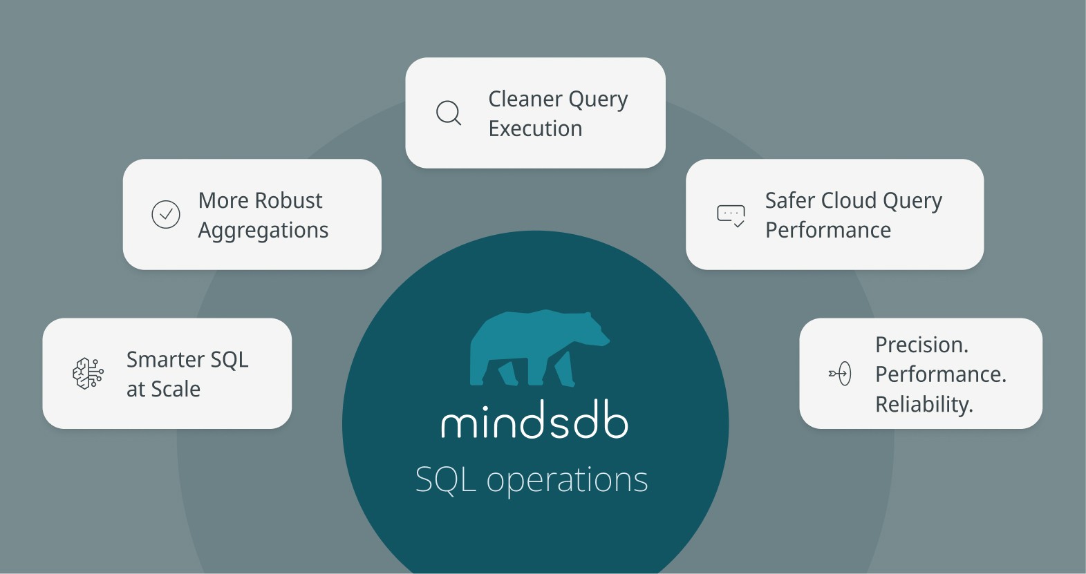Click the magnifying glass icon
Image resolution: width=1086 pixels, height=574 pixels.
click(x=449, y=113)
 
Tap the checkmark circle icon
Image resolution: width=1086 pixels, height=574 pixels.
click(x=166, y=215)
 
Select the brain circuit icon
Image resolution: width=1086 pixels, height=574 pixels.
click(x=88, y=374)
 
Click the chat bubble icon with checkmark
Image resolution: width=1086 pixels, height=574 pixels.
click(x=731, y=216)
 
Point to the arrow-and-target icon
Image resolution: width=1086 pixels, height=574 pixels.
click(x=840, y=374)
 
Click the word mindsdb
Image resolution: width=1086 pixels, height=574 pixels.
click(x=534, y=421)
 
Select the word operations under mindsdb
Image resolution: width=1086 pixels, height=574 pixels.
click(x=567, y=480)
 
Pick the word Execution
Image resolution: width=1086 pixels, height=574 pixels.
click(x=535, y=129)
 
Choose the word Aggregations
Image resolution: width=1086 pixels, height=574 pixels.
click(x=263, y=231)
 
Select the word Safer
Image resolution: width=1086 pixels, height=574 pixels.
click(x=790, y=201)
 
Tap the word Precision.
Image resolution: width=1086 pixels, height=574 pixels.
click(x=921, y=345)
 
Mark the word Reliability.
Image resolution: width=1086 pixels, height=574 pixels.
click(x=924, y=405)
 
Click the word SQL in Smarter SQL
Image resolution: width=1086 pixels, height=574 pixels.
click(x=230, y=360)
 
